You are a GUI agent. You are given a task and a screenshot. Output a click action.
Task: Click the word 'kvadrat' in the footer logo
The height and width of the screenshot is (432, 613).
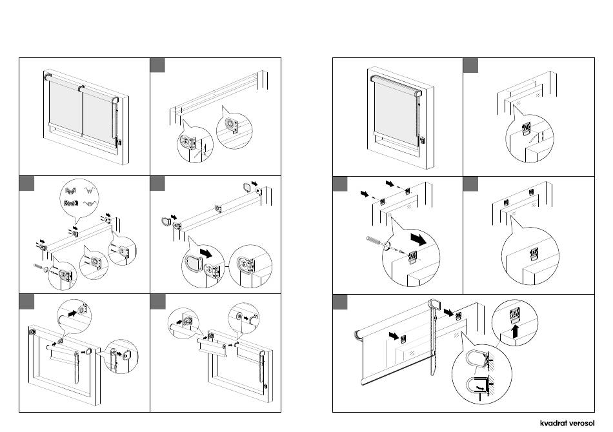coord(556,424)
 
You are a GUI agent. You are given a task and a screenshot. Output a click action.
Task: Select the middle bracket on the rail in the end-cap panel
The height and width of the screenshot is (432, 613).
coord(218,209)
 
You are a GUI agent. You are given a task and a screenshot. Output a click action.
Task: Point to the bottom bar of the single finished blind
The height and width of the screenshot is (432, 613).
coord(395,134)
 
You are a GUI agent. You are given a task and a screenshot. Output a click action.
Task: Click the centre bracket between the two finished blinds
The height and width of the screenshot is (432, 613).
coord(81,88)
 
